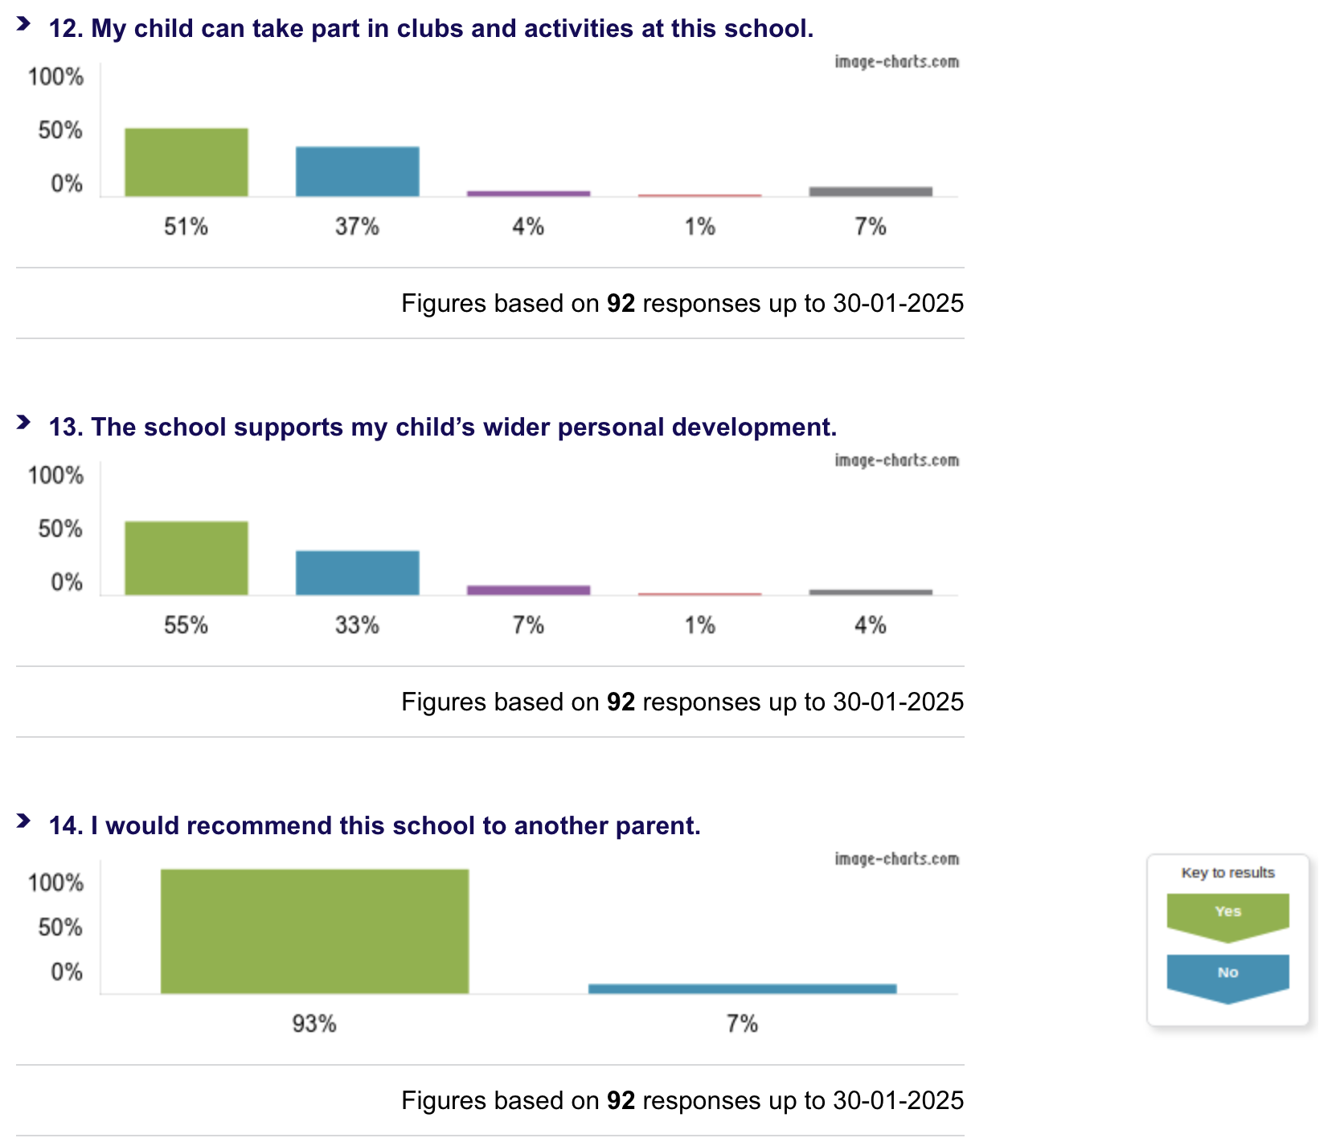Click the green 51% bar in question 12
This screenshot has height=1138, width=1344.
coord(186,162)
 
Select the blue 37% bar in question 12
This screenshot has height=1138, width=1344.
coord(357,171)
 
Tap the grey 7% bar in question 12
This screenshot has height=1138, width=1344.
coord(871,191)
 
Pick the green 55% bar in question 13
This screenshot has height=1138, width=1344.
coord(186,559)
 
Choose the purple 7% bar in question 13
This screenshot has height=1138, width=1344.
coord(528,590)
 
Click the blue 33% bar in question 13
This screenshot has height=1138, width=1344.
coord(357,573)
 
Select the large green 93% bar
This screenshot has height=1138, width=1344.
coord(314,931)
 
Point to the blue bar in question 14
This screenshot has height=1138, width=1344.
coord(742,989)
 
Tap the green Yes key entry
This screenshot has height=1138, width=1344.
coord(1227,914)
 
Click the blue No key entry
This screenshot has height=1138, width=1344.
coord(1227,975)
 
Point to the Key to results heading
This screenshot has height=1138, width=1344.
coord(1227,873)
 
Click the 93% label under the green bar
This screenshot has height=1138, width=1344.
coord(314,1024)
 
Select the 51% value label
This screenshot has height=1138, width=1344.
coord(186,227)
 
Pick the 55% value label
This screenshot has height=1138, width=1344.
coord(186,625)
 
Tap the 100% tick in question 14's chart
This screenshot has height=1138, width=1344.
coord(55,883)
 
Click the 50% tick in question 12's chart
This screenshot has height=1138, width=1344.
coord(60,130)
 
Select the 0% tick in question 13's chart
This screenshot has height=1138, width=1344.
coord(67,582)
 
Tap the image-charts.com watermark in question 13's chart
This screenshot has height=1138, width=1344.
coord(896,461)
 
